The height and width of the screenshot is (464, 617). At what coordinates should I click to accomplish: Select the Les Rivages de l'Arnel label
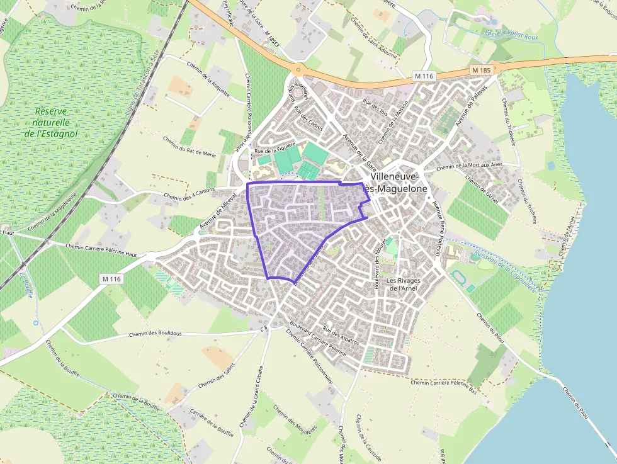[403, 284]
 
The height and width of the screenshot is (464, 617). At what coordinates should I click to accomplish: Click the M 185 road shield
[480, 70]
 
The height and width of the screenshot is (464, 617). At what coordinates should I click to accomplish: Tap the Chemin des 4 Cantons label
[190, 196]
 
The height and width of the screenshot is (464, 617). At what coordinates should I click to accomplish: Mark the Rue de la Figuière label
[274, 151]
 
